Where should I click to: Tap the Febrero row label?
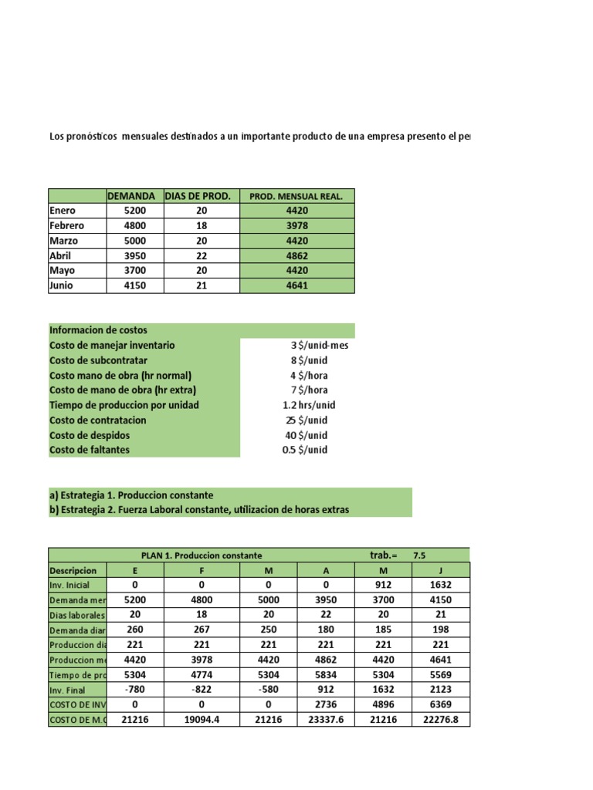click(67, 226)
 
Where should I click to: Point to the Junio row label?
click(63, 285)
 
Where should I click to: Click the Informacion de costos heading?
click(98, 330)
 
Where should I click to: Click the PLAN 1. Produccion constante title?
click(202, 555)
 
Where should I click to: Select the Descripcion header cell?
click(73, 570)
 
